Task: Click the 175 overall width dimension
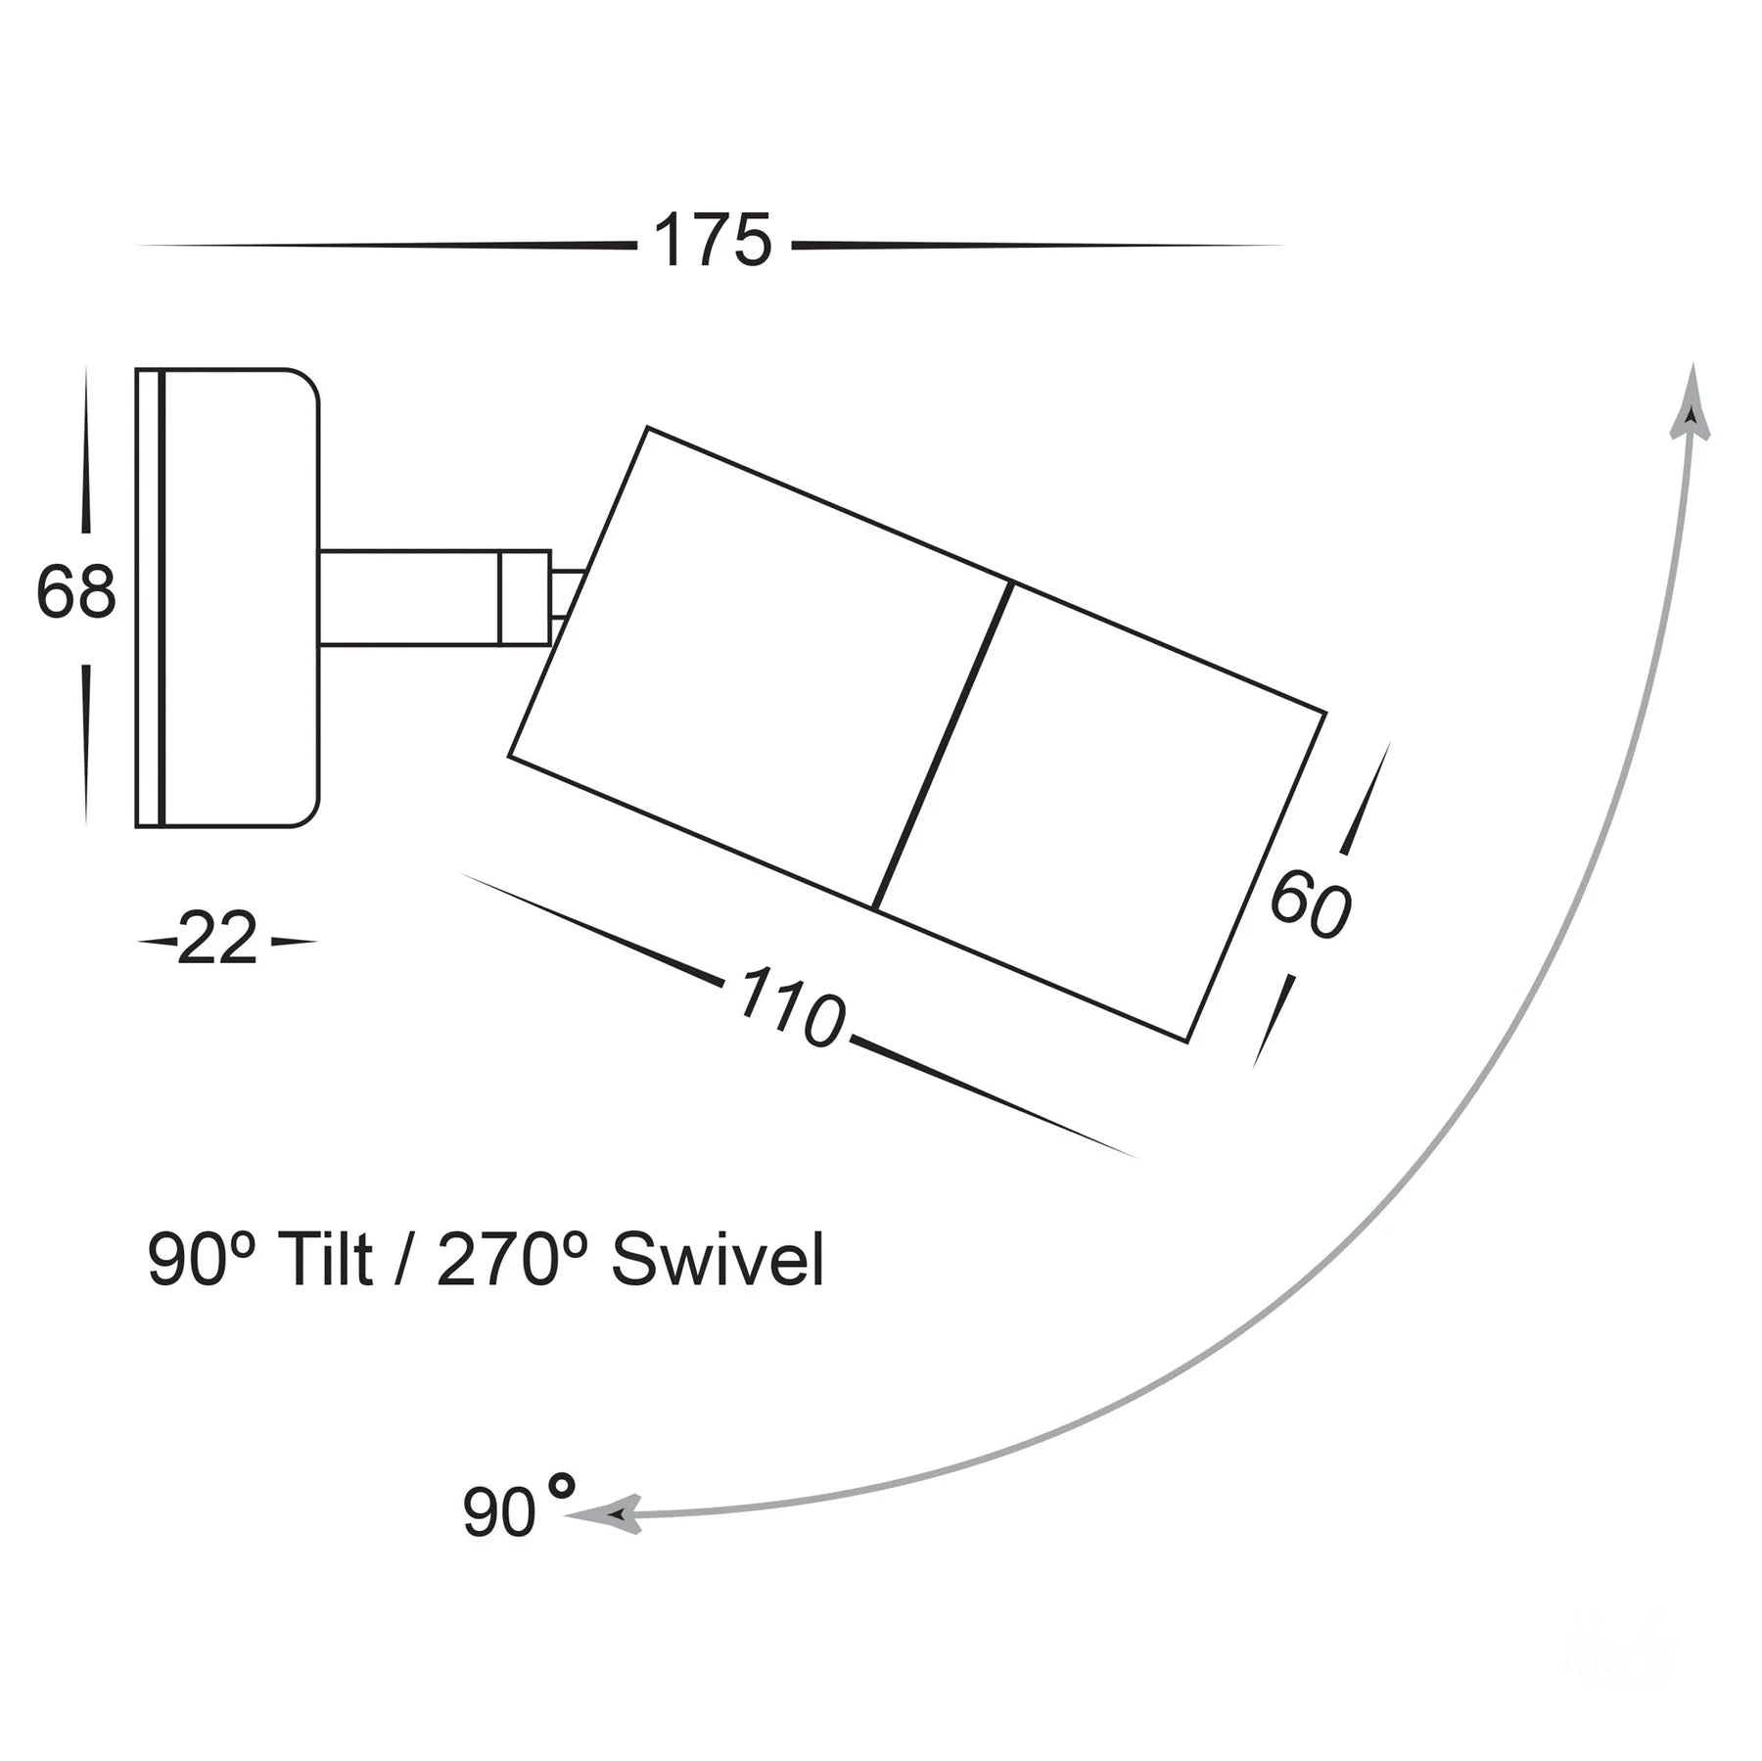coord(713,242)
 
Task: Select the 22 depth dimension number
coord(217,940)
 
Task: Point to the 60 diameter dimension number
coord(1310,906)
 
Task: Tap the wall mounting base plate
coord(240,597)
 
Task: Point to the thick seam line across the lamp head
coord(941,746)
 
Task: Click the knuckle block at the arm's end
coord(525,597)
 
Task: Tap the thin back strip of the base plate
coord(147,597)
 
